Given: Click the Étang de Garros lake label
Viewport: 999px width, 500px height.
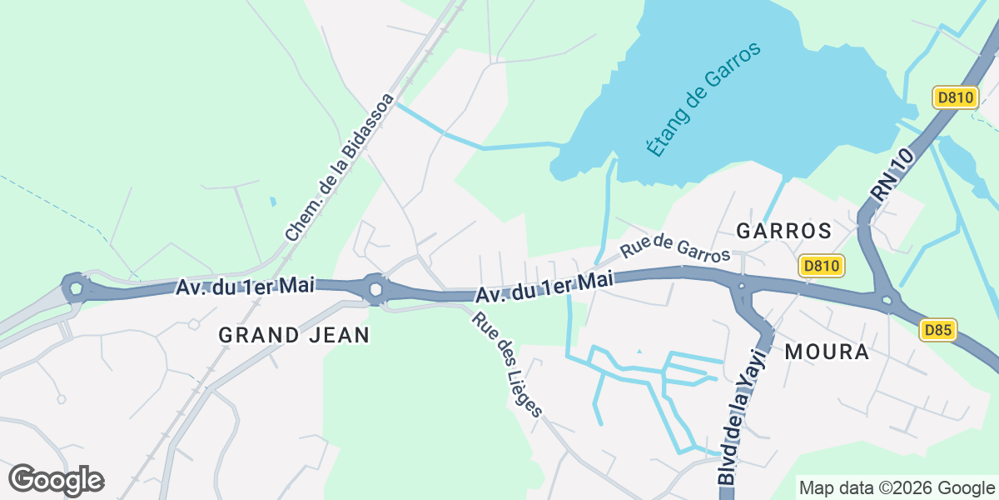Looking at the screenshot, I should [704, 100].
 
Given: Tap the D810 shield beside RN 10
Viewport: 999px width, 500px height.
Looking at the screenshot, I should [953, 97].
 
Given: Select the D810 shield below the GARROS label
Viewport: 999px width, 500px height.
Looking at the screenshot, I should [822, 266].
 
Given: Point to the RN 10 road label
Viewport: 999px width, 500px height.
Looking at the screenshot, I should [893, 174].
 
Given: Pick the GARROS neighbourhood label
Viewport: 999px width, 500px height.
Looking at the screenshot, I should [784, 231].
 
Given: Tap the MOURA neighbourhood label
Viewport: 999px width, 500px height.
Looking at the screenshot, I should [826, 352].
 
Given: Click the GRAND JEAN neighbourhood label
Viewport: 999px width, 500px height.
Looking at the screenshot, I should [294, 335].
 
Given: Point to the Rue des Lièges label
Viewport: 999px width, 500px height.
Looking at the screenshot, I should [508, 364].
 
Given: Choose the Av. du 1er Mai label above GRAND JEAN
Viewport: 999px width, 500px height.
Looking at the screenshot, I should [245, 286].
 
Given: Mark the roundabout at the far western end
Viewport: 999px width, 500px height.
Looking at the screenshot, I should [76, 289].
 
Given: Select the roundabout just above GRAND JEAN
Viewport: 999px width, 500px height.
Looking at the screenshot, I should [375, 289].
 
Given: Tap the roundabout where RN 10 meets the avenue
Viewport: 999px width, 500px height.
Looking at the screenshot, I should [886, 299].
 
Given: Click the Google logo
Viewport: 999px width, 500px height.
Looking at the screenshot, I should [56, 480].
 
